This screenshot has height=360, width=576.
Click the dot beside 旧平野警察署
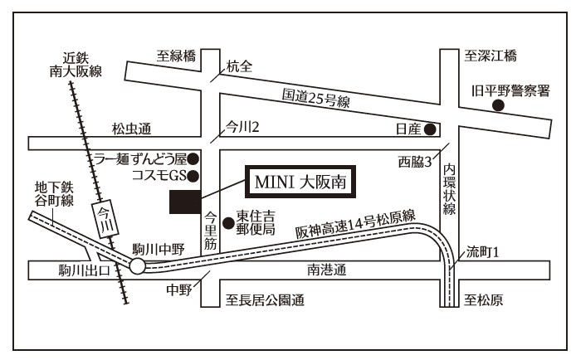pos(499,107)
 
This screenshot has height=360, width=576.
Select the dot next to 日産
pos(430,129)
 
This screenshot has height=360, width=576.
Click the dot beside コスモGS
pos(193,175)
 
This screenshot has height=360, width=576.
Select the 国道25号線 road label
pos(315,99)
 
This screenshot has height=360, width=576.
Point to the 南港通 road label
pos(325,270)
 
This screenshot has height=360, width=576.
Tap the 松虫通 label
pos(133,129)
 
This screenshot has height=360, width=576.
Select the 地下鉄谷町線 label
pos(55,193)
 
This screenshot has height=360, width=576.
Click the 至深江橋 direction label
pos(491,56)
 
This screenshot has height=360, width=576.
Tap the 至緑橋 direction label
pos(177,56)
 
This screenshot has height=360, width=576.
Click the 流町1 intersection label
pos(481,251)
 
